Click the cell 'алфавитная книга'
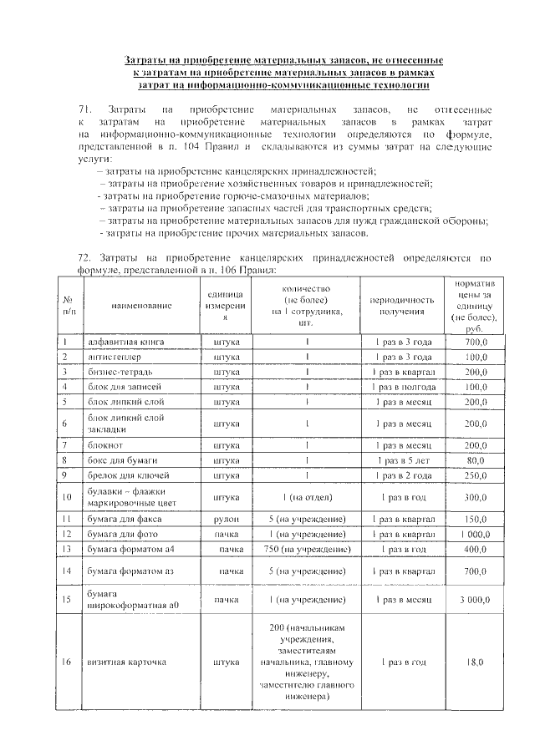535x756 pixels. pos(126,342)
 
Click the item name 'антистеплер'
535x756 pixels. pos(115,358)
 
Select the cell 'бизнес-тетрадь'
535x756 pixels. pos(121,373)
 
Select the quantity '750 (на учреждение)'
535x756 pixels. pos(308,550)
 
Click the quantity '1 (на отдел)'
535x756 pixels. pos(308,498)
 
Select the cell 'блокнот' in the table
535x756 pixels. pos(105,444)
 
